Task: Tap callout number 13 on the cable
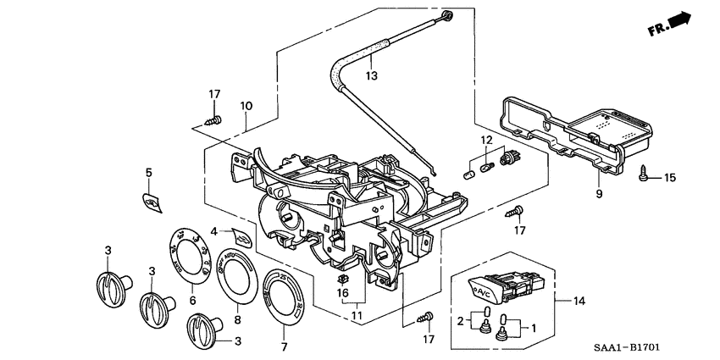370,76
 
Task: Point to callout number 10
246,107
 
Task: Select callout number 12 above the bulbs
485,140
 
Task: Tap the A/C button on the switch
485,292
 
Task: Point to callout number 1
534,327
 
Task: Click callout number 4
214,230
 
